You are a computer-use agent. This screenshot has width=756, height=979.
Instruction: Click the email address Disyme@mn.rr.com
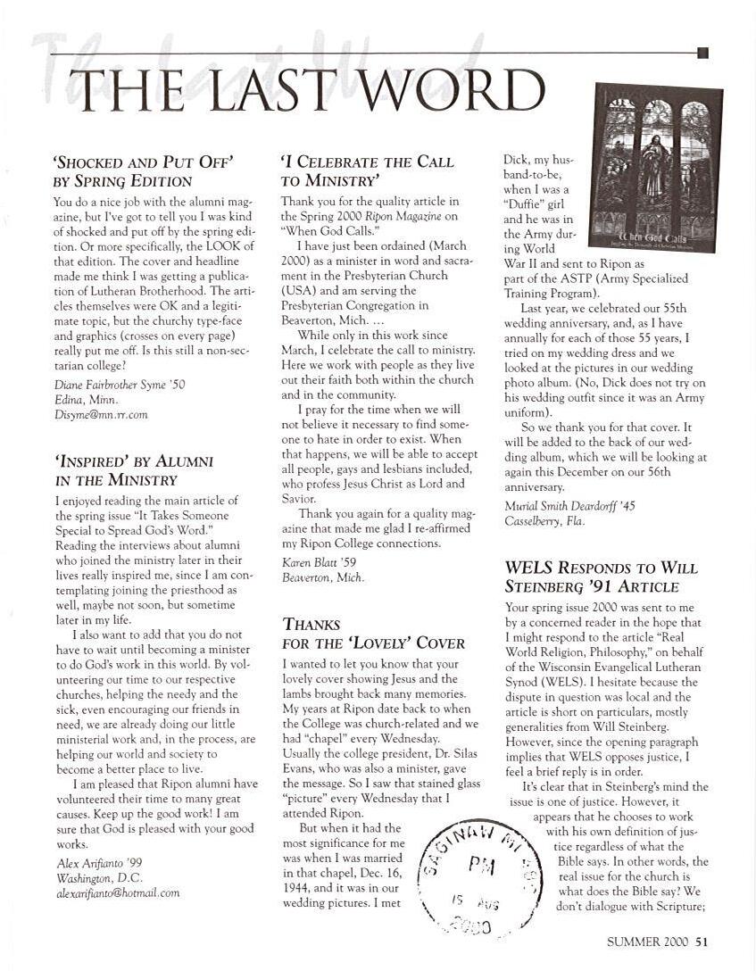100,414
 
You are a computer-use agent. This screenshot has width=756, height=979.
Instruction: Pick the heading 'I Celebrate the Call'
368,162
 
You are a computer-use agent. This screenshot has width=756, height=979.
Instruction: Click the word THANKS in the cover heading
312,624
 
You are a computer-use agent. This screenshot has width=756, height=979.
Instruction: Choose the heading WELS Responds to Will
601,568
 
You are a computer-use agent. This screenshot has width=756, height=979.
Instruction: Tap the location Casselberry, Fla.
544,521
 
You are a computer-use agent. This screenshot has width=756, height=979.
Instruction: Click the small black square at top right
702,54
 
